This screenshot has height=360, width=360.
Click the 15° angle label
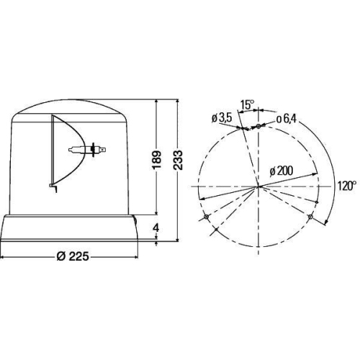coord(247,105)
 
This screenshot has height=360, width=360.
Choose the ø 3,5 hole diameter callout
coord(221,118)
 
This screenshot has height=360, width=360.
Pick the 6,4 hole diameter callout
coord(288,118)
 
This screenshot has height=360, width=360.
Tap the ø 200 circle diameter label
coord(282,171)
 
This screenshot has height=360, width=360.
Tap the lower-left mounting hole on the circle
coord(207,217)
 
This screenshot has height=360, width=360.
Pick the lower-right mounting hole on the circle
coord(310,217)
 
